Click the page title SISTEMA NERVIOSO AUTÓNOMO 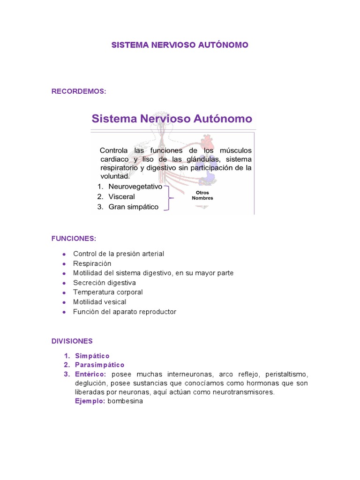[180, 45]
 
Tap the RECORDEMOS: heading [79, 91]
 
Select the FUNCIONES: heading [74, 239]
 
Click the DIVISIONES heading [72, 341]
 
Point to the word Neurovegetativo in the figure [135, 187]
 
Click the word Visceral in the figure [121, 196]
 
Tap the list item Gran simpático [133, 207]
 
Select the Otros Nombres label [202, 195]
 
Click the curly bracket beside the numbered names [170, 197]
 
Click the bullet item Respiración [92, 263]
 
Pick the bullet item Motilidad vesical [99, 302]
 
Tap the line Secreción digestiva [104, 283]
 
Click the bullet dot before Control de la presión [64, 254]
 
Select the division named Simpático [92, 356]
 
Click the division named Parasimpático [99, 365]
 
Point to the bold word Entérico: [90, 374]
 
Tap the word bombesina [125, 401]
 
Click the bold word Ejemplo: [90, 401]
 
